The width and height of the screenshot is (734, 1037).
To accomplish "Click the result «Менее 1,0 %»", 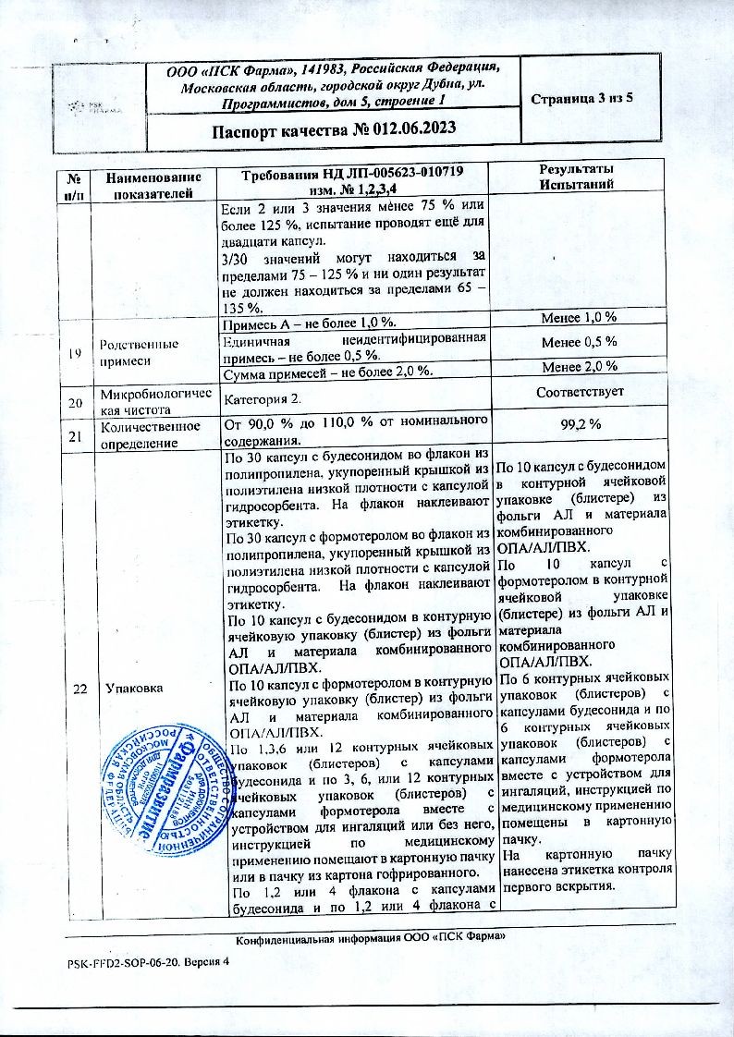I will pos(581,320).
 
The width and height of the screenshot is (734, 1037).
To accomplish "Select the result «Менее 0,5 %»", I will pos(581,343).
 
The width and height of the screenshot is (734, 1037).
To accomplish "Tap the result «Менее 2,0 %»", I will pos(581,368).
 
